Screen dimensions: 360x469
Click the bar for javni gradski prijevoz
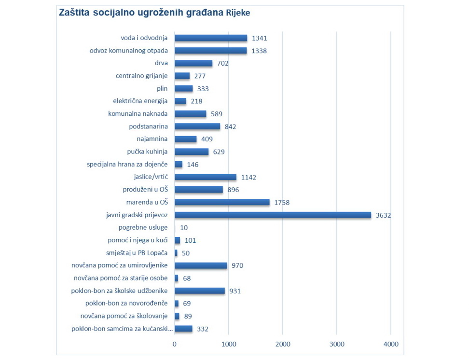coord(273,215)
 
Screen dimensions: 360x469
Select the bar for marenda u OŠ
coord(222,202)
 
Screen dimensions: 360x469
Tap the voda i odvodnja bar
coord(211,38)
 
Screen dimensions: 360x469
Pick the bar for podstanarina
coord(197,126)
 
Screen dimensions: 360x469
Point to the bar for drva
coord(193,63)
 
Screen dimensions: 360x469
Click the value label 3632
coord(383,215)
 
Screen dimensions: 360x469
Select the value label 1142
coord(248,177)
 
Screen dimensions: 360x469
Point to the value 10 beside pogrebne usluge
coord(184,228)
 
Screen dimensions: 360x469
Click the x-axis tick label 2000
coord(283,344)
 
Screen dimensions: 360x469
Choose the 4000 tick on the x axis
coord(391,344)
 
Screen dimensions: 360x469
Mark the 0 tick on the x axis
coord(175,344)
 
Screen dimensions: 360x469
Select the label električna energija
coord(140,101)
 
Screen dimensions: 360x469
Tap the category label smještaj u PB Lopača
coord(137,253)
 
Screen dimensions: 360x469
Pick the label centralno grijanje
coord(142,76)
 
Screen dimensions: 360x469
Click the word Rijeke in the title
coord(238,13)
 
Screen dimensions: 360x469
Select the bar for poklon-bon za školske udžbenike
coord(200,291)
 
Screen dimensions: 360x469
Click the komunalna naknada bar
coord(191,114)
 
